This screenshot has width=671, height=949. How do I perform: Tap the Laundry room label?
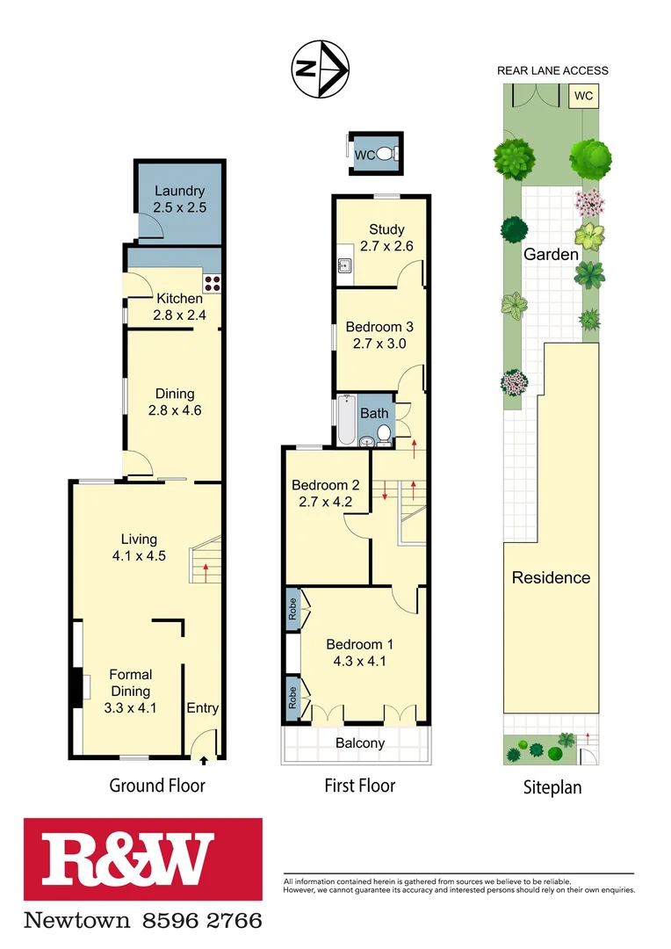click(179, 199)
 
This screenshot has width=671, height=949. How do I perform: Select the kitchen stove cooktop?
click(213, 283)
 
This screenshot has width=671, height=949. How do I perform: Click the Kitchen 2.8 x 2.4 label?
click(180, 307)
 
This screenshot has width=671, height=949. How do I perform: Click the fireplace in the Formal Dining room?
click(78, 687)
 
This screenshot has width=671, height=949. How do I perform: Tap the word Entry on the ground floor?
click(202, 708)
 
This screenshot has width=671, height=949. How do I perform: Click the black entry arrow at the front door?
click(204, 761)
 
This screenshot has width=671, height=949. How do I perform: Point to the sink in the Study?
click(344, 266)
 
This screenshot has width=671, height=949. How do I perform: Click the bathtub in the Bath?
click(346, 423)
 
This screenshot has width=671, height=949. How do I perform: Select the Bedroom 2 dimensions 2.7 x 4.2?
click(326, 503)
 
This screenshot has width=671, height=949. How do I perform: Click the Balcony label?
click(360, 743)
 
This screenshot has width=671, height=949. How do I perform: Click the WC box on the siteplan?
click(582, 95)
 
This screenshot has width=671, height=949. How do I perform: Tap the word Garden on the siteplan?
click(551, 255)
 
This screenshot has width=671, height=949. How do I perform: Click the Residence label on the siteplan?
click(551, 577)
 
